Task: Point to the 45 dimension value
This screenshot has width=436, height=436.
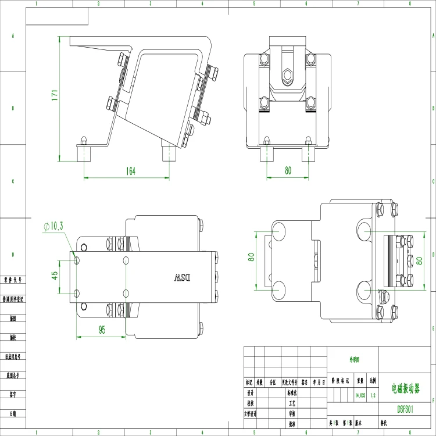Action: coord(55,274)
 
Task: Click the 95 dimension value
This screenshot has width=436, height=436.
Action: coord(102,330)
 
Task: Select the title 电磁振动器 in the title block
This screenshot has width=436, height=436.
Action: coord(405,387)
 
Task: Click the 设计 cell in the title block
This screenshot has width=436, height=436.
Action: coord(250,392)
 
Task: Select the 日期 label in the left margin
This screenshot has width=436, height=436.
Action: coord(13,413)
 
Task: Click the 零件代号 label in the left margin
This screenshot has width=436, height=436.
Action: coord(13,280)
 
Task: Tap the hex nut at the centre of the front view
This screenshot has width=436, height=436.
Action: coord(285,74)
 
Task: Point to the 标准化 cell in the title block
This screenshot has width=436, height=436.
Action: coord(292,392)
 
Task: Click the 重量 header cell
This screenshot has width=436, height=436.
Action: coord(360,382)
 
